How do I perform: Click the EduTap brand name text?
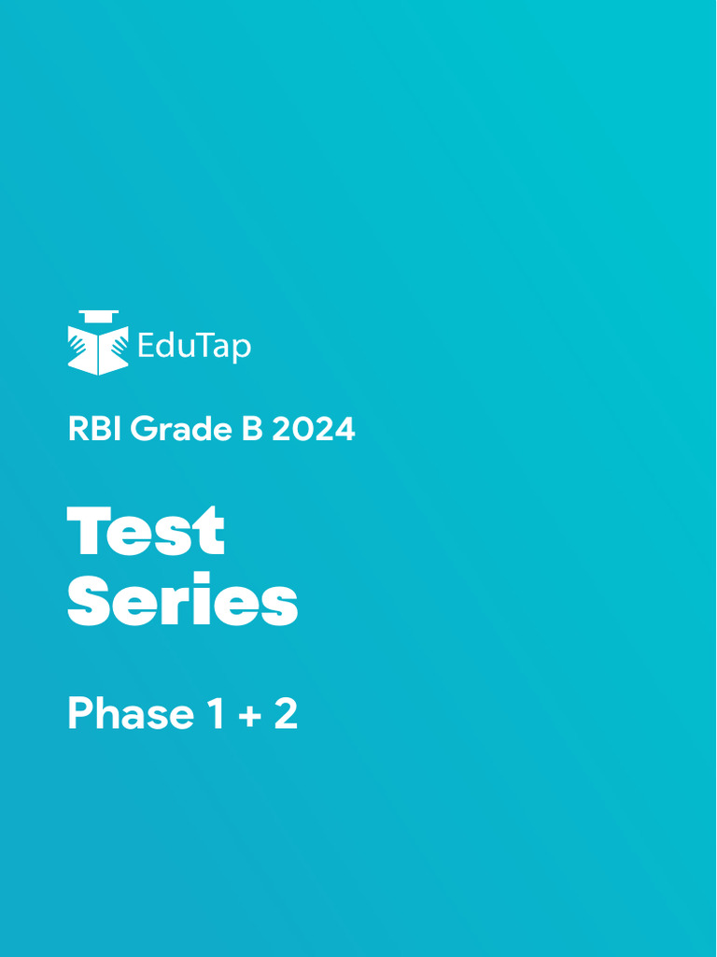click(194, 347)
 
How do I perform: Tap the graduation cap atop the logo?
click(98, 315)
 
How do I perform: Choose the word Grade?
click(181, 430)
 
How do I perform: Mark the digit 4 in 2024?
click(344, 430)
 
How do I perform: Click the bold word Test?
click(147, 531)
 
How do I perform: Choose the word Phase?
click(130, 715)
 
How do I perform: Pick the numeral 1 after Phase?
click(215, 715)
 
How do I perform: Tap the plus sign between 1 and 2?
click(248, 717)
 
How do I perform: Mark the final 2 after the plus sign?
click(285, 715)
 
